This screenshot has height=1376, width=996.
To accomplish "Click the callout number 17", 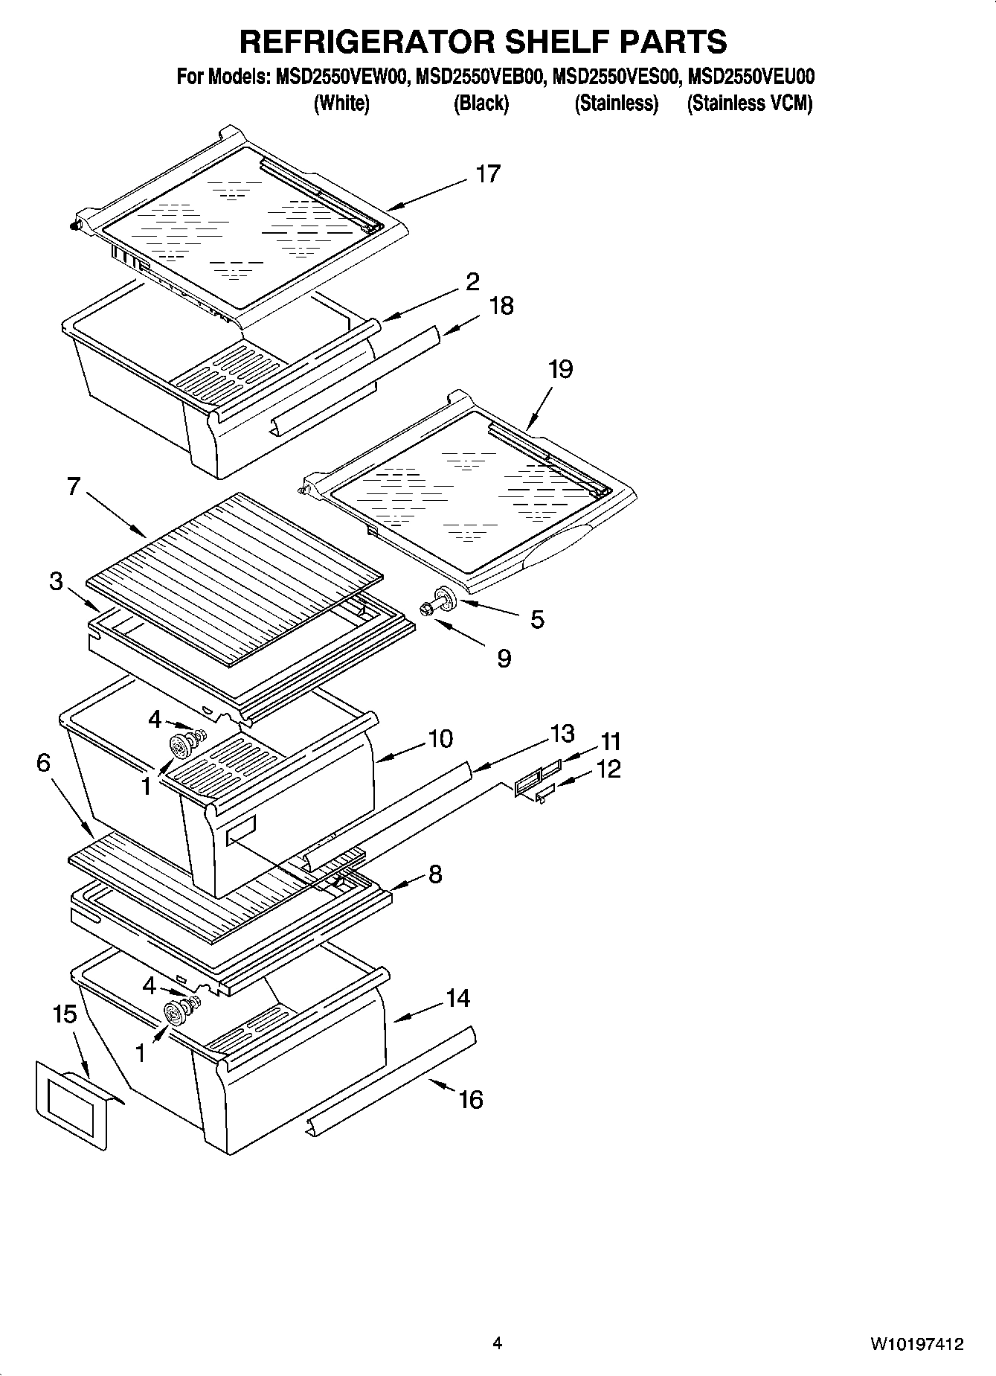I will coord(488,174).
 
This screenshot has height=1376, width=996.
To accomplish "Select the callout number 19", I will coord(560,369).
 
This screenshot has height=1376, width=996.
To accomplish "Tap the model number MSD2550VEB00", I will coord(482,77).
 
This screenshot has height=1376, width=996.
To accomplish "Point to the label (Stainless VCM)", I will coord(749,103).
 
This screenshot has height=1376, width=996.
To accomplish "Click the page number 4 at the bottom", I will coord(497,1343).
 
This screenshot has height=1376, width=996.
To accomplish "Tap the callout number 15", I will coord(65,1014).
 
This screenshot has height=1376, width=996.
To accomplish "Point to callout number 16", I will coord(470,1098).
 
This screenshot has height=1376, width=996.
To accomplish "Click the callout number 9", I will coord(504,658).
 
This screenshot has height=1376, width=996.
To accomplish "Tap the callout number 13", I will coord(562,733).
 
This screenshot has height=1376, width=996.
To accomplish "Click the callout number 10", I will coord(440,739).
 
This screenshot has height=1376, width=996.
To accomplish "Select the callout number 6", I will coord(43,762).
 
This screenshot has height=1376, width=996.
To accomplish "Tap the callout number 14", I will coord(457,998).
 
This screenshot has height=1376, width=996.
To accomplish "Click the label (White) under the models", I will coord(341,103).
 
